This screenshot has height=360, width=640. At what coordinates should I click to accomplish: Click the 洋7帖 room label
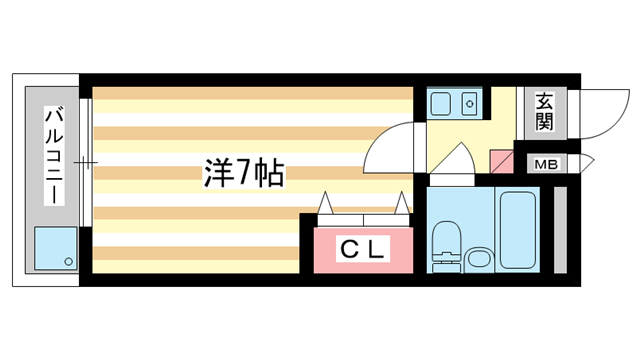pos(244,175)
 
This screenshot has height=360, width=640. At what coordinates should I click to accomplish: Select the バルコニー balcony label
pos(50,157)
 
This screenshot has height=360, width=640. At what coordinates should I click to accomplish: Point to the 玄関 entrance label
pos(544,112)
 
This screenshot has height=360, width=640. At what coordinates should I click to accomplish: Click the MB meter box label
pos(546,164)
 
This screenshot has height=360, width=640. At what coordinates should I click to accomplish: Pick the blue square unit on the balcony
pos(56,248)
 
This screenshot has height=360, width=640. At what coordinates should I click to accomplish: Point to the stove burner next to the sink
pos(471,103)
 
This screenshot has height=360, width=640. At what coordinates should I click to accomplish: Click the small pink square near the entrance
pos(500,159)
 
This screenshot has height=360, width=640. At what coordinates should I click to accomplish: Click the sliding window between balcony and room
pos(87,160)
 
